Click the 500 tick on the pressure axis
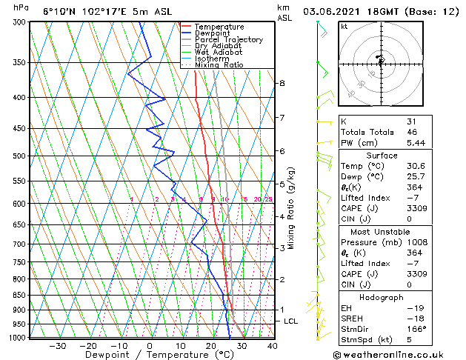(x=19, y=156)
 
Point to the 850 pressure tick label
(x=19, y=296)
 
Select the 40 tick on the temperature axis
(x=272, y=345)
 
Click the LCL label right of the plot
(x=290, y=321)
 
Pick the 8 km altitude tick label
(x=282, y=83)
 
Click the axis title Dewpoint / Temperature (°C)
(x=150, y=355)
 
